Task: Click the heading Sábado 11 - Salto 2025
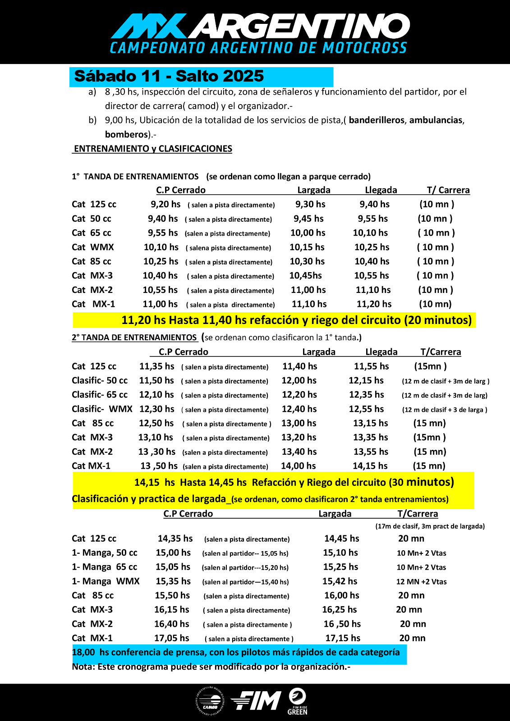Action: coord(169,76)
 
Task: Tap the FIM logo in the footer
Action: coord(256,701)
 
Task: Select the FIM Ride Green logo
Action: coord(297,701)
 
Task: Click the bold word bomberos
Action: coord(126,134)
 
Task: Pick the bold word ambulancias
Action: coord(436,120)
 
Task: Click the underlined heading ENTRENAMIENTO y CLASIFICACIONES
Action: coord(153,149)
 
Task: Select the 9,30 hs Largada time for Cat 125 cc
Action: coord(310,204)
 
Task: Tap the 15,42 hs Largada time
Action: coord(340,581)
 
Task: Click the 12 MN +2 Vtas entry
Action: coord(421,582)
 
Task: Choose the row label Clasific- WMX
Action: coord(102,409)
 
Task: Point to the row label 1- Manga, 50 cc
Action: coord(105,553)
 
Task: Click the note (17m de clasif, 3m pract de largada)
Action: coord(430,526)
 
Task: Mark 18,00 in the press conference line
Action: coord(84,652)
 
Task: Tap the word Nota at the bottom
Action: coord(83,666)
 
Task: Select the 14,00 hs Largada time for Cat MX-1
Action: coord(298,466)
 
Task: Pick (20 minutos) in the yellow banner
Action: coord(437,320)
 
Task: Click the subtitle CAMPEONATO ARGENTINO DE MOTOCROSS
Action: coord(258,48)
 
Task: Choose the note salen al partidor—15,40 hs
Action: coord(245,582)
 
